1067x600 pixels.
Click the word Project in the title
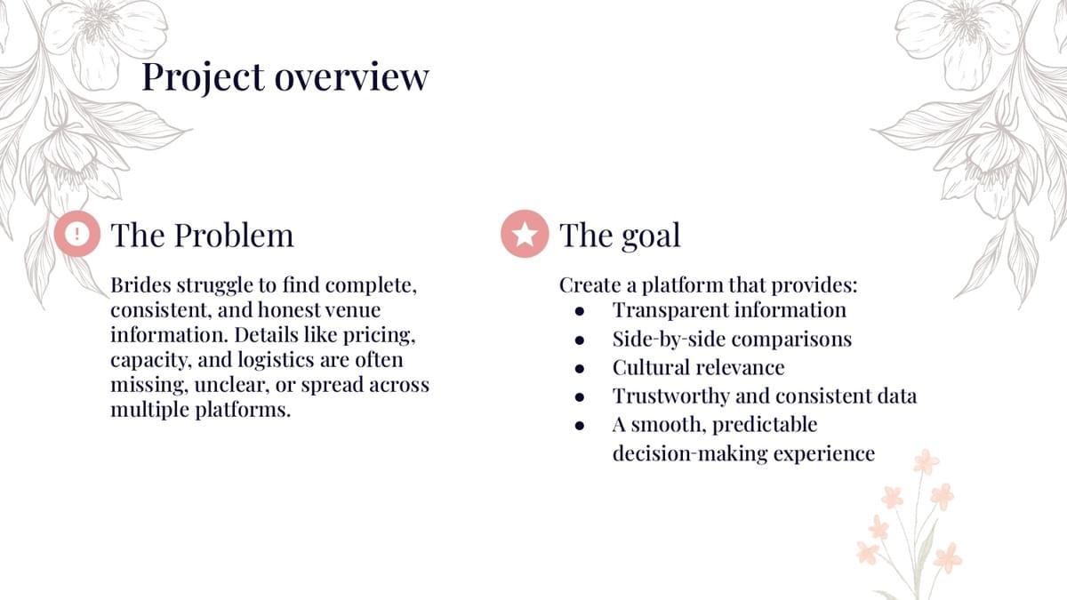click(x=204, y=76)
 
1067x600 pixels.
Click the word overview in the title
click(x=352, y=76)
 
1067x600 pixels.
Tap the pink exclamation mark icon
click(x=77, y=234)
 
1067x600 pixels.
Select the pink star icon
click(x=525, y=234)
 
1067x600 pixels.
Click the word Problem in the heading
click(x=234, y=236)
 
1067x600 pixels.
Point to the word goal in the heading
click(x=652, y=236)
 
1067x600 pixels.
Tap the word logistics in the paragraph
click(x=276, y=361)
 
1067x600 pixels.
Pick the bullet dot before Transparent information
click(x=580, y=311)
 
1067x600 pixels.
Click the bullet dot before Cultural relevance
click(x=580, y=369)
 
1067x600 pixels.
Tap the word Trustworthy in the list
click(x=670, y=396)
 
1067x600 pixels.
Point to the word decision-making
click(x=690, y=454)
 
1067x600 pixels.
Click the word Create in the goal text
click(x=590, y=285)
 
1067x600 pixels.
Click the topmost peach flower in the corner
click(x=927, y=461)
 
